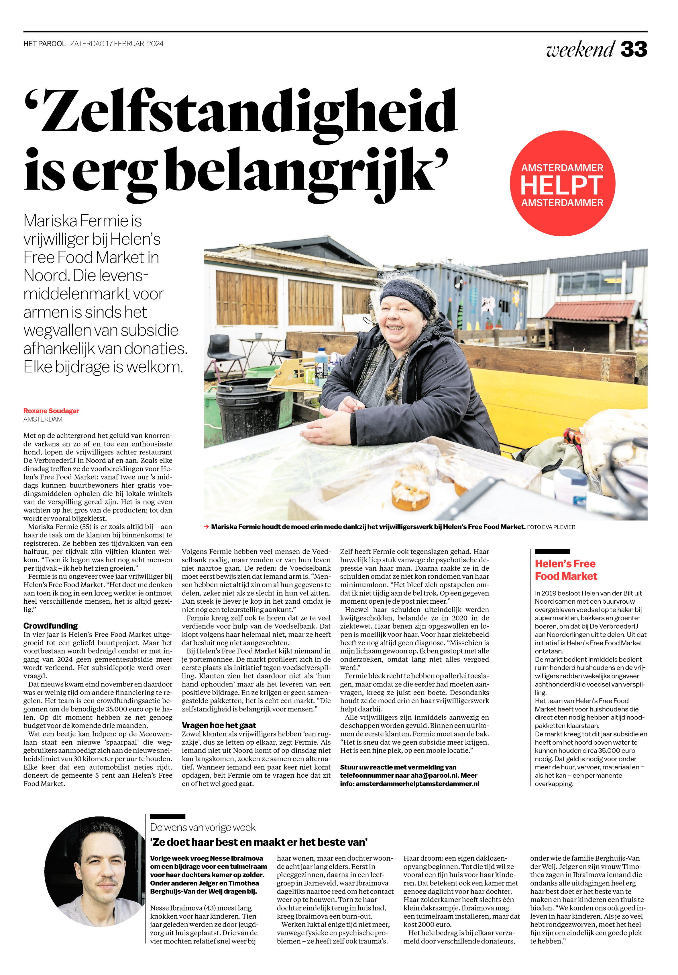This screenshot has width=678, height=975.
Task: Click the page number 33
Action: point(633,50)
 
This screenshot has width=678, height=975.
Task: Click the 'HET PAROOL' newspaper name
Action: point(45,44)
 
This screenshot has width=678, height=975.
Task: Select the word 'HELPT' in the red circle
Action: point(562,185)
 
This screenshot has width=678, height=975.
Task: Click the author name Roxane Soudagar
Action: point(51,411)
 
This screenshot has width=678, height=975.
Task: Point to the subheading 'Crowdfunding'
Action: point(50,625)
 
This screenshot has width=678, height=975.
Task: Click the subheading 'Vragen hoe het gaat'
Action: point(219,725)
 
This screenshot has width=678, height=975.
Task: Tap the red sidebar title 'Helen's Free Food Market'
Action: point(565,570)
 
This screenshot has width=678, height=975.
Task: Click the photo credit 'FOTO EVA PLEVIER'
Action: point(551,527)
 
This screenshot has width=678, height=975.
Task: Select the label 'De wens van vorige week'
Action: point(203,827)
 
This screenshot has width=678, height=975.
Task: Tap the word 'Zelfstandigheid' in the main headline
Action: point(241,112)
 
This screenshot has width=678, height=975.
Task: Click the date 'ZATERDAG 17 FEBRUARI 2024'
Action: point(117,44)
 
